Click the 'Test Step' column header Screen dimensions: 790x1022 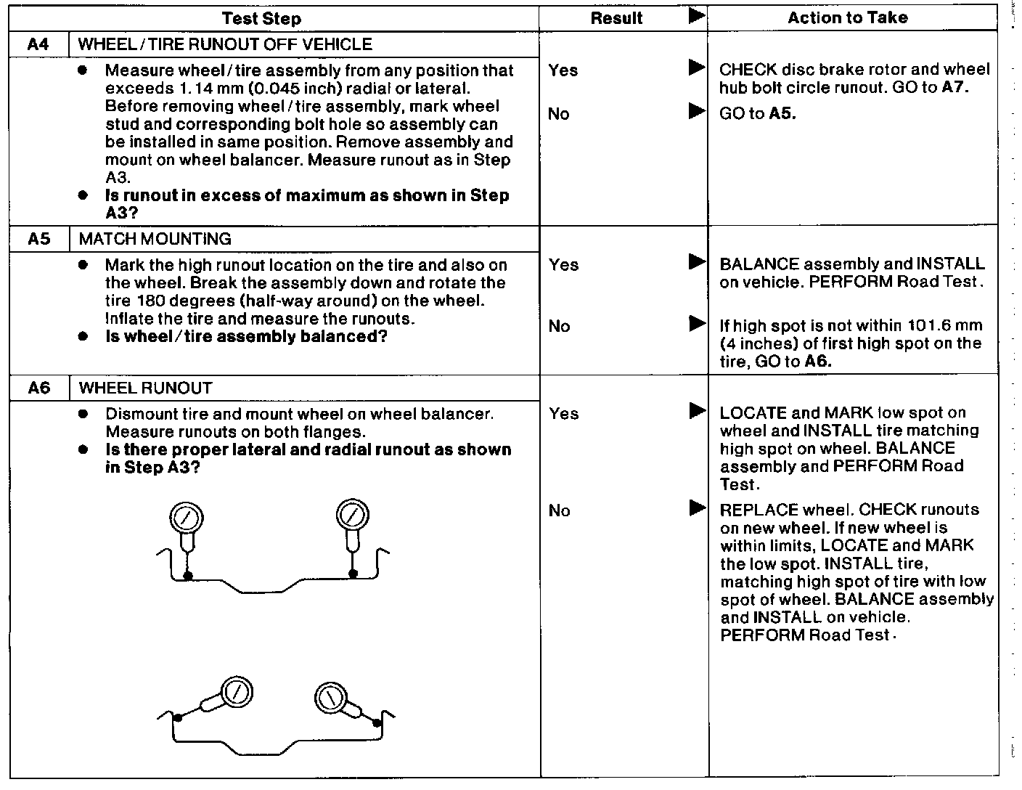(x=261, y=18)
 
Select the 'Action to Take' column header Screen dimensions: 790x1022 (x=847, y=17)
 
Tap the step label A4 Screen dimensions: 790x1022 (x=38, y=44)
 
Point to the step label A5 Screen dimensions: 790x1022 (x=38, y=239)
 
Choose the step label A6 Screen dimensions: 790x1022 (x=38, y=388)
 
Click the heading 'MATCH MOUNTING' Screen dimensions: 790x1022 (x=155, y=239)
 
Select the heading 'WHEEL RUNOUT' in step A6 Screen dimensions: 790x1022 (x=145, y=388)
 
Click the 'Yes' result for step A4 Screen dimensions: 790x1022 (x=563, y=70)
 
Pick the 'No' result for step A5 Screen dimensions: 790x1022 (x=559, y=326)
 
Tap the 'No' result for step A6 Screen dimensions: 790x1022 (x=559, y=511)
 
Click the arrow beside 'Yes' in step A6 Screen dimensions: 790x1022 (x=697, y=411)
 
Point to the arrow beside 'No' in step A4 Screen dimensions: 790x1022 (x=697, y=111)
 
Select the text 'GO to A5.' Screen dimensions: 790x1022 (x=757, y=114)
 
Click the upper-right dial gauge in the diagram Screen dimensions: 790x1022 (x=351, y=515)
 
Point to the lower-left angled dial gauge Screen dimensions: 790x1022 (x=234, y=692)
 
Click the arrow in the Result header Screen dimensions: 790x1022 (x=697, y=16)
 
